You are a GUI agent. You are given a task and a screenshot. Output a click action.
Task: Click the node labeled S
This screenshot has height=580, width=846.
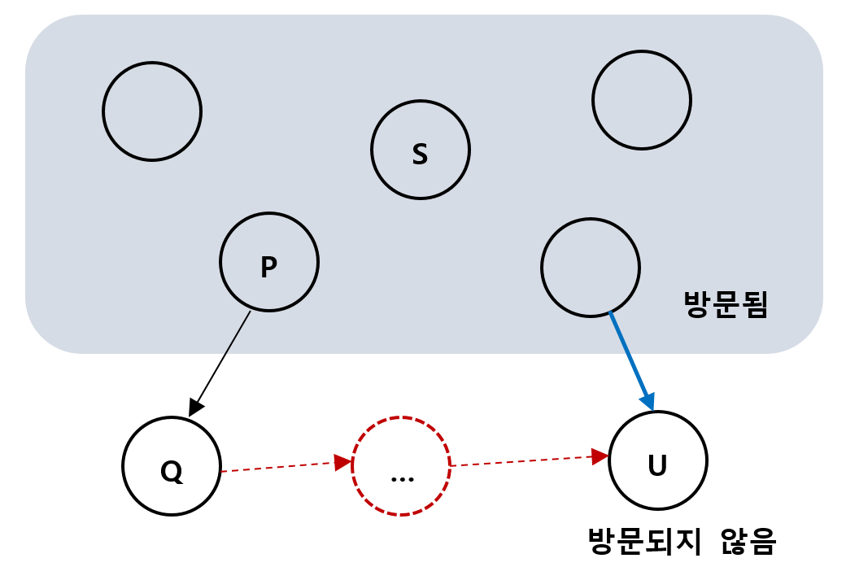pyautogui.click(x=420, y=150)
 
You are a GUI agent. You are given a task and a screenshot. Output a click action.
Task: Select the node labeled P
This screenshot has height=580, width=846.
pyautogui.click(x=268, y=262)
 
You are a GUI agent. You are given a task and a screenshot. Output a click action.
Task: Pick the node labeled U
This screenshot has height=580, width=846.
pyautogui.click(x=657, y=461)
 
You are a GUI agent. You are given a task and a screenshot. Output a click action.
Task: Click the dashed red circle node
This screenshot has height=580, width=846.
pyautogui.click(x=400, y=466)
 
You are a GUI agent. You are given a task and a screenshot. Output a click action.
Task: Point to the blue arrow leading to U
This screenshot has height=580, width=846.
pyautogui.click(x=630, y=358)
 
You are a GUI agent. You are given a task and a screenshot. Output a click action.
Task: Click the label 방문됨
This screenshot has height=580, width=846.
pyautogui.click(x=726, y=306)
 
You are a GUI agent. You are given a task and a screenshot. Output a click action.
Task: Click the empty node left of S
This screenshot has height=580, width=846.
pyautogui.click(x=152, y=111)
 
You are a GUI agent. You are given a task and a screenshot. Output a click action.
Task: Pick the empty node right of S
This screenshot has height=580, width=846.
pyautogui.click(x=641, y=100)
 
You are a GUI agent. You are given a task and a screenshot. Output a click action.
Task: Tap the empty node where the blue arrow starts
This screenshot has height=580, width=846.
pyautogui.click(x=591, y=267)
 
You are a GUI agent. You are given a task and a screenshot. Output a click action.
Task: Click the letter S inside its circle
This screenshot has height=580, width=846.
pyautogui.click(x=420, y=153)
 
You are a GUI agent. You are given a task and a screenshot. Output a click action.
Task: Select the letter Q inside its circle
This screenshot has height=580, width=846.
pyautogui.click(x=172, y=471)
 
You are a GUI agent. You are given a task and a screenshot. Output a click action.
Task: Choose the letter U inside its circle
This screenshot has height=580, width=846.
pyautogui.click(x=657, y=466)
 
